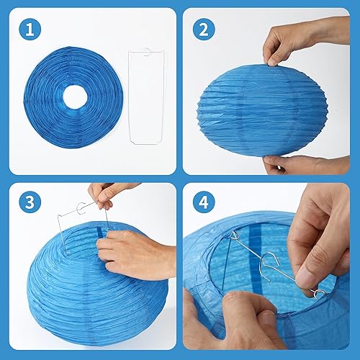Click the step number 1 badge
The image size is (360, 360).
pos(30,30)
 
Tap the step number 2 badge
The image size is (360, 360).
pos(204,30)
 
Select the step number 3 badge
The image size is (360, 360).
pos(30,202)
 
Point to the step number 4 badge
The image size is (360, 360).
pos(204,202)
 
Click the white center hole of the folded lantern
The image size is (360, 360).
pos(75,97)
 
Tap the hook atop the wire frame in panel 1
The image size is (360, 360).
pos(147,52)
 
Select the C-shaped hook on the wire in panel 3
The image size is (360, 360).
pos(82,208)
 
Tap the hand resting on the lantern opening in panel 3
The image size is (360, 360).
pos(135,254)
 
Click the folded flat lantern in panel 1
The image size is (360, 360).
pos(73,97)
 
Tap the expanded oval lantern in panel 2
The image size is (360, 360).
pos(262,110)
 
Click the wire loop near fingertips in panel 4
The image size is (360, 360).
pos(319,294)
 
